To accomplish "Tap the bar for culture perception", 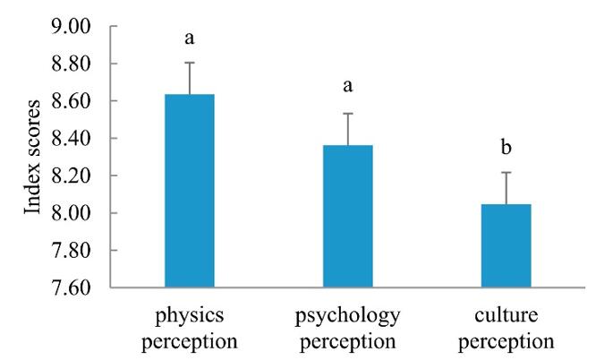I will pos(507,245).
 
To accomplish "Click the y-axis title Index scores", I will pos(33,157).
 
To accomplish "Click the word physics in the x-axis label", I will pos(189,317).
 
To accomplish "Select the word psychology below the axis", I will pos(347,317).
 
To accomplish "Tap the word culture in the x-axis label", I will pos(507,317).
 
